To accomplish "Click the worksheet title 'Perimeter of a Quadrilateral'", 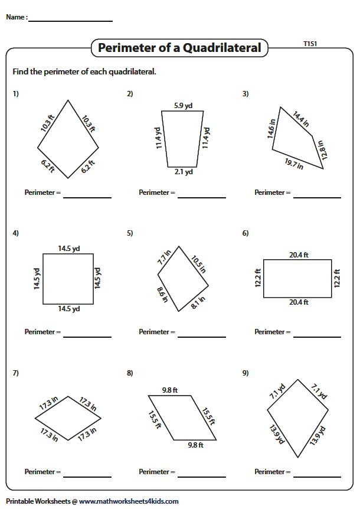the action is (179, 48).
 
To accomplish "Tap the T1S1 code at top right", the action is (310, 44).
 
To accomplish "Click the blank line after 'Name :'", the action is (70, 21).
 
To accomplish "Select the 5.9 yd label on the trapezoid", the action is (183, 106).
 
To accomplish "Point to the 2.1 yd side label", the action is (184, 172).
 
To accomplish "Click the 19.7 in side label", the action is (294, 164).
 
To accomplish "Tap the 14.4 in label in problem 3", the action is (300, 119).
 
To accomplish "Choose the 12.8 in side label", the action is (323, 149).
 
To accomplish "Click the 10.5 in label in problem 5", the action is (198, 265).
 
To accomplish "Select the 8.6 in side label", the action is (162, 295).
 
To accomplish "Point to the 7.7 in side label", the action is (164, 257).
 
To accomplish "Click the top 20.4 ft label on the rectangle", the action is (299, 255).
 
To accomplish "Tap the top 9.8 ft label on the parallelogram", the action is (170, 390).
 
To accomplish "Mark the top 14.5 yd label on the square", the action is (69, 249).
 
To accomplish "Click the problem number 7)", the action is (15, 373).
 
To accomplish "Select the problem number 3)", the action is (246, 94).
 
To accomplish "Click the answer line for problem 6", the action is (317, 337).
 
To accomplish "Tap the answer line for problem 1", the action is (87, 198).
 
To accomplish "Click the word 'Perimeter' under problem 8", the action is (153, 472).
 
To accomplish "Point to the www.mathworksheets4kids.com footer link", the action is (129, 501).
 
